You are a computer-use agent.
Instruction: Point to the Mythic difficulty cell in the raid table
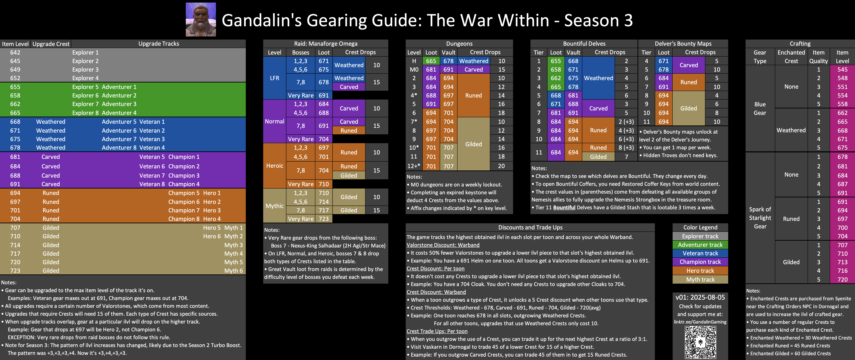coord(274,206)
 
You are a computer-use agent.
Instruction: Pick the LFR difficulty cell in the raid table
coord(274,78)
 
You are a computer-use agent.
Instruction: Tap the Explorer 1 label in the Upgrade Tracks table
coord(85,52)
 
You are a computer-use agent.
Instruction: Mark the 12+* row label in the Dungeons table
coord(414,166)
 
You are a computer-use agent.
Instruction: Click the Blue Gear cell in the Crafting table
coord(760,109)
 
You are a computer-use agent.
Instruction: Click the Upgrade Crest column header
coord(51,44)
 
